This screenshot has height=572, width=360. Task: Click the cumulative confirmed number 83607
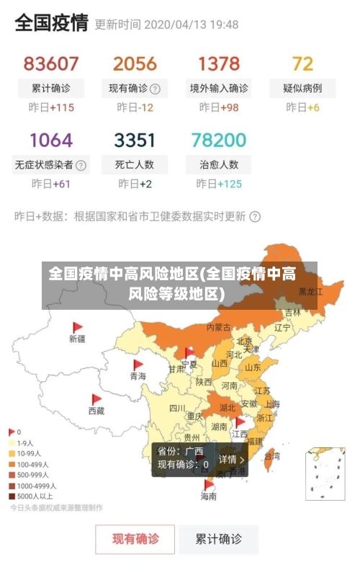coord(51,63)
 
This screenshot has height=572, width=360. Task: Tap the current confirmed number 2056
coord(135,63)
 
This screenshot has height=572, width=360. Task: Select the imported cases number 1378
coord(218,63)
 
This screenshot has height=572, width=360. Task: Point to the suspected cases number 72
coord(302,63)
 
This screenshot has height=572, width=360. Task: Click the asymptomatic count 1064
coord(51,139)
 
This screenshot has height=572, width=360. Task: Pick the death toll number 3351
coord(135,139)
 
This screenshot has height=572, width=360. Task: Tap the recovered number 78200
coord(218,139)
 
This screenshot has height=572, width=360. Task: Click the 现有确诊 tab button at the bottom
coord(135,538)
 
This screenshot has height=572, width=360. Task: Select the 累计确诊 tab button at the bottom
coord(220,538)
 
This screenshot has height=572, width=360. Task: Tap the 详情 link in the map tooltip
coord(231,459)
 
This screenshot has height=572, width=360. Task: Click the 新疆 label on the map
coord(77,338)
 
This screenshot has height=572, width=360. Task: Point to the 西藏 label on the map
coord(96,411)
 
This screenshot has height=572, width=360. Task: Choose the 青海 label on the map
coord(138,376)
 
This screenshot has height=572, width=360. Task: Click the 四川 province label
coord(177,408)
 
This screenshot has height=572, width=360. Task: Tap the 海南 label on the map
coord(208,496)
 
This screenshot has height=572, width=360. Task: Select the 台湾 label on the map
coord(272,456)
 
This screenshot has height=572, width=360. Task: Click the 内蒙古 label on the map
coord(218,327)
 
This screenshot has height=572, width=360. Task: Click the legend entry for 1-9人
coord(24,443)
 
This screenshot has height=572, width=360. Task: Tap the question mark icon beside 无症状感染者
coord(81,165)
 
